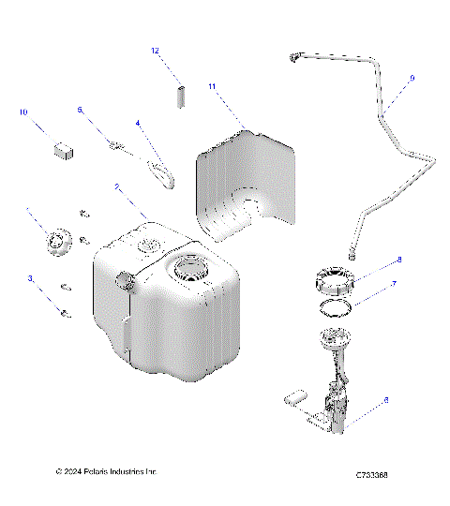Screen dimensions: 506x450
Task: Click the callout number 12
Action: coord(157,51)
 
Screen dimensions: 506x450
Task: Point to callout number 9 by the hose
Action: coord(410,79)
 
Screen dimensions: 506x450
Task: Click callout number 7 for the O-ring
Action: coord(395,283)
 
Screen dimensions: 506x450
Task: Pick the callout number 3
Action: coord(30,278)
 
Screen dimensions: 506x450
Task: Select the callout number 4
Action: coord(138,122)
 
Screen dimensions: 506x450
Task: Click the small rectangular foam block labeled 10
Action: coord(64,147)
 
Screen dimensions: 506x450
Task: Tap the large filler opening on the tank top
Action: coord(192,273)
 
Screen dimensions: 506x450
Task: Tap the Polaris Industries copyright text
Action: coord(106,471)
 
